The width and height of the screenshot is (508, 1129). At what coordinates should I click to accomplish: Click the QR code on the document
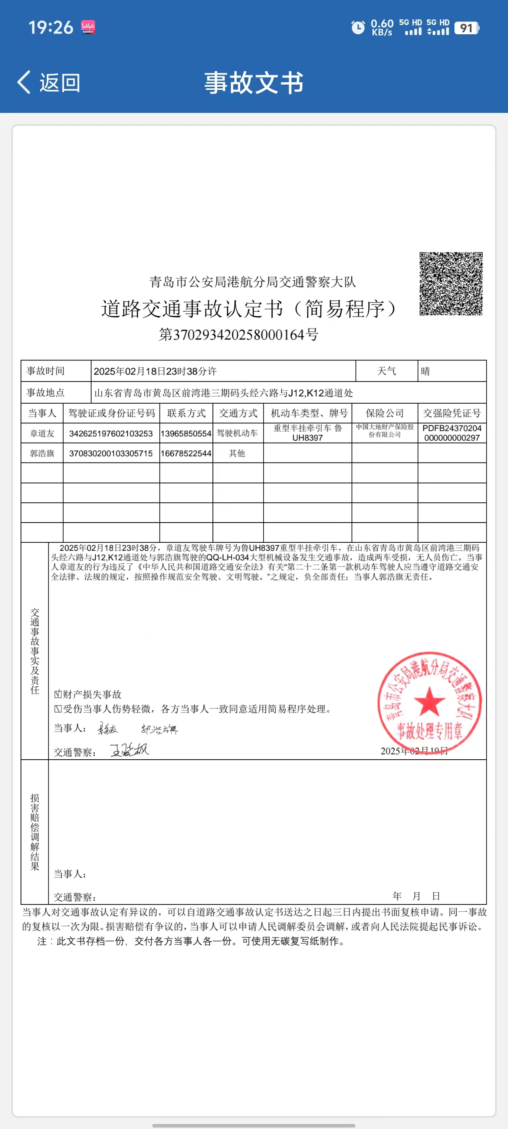[x=451, y=283]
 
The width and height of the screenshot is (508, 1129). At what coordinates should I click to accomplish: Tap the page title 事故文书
[x=254, y=82]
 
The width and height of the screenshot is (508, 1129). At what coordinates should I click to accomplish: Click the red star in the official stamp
[x=429, y=701]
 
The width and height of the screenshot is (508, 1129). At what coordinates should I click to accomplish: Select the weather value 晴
[x=425, y=371]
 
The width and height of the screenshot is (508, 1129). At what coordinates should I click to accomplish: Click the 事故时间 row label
[x=46, y=371]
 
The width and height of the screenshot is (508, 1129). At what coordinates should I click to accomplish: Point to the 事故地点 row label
[x=46, y=392]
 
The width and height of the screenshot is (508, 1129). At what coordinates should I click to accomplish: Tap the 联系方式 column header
[x=186, y=413]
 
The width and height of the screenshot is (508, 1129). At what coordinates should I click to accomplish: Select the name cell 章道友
[x=42, y=433]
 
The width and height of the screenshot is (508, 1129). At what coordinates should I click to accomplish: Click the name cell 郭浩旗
[x=42, y=453]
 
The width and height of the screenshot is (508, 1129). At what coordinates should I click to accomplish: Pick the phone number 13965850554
[x=186, y=433]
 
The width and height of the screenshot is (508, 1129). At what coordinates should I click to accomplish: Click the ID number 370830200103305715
[x=111, y=453]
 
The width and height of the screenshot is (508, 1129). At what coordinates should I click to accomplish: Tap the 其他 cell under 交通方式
[x=237, y=453]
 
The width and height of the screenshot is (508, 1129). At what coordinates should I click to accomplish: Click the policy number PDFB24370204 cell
[x=452, y=433]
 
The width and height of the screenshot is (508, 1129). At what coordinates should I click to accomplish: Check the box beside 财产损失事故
[x=58, y=694]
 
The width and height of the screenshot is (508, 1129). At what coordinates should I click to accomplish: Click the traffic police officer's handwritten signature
[x=129, y=750]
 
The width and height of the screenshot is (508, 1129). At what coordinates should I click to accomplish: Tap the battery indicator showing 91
[x=467, y=28]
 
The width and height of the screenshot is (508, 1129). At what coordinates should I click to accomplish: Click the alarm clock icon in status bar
[x=358, y=27]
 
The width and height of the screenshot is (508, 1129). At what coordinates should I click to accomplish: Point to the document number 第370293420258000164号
[x=238, y=335]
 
